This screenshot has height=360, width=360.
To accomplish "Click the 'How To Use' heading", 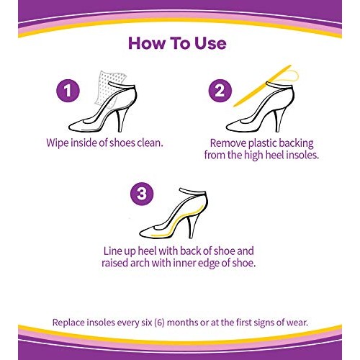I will [x=177, y=42].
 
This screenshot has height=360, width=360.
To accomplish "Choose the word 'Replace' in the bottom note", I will [x=72, y=322].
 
